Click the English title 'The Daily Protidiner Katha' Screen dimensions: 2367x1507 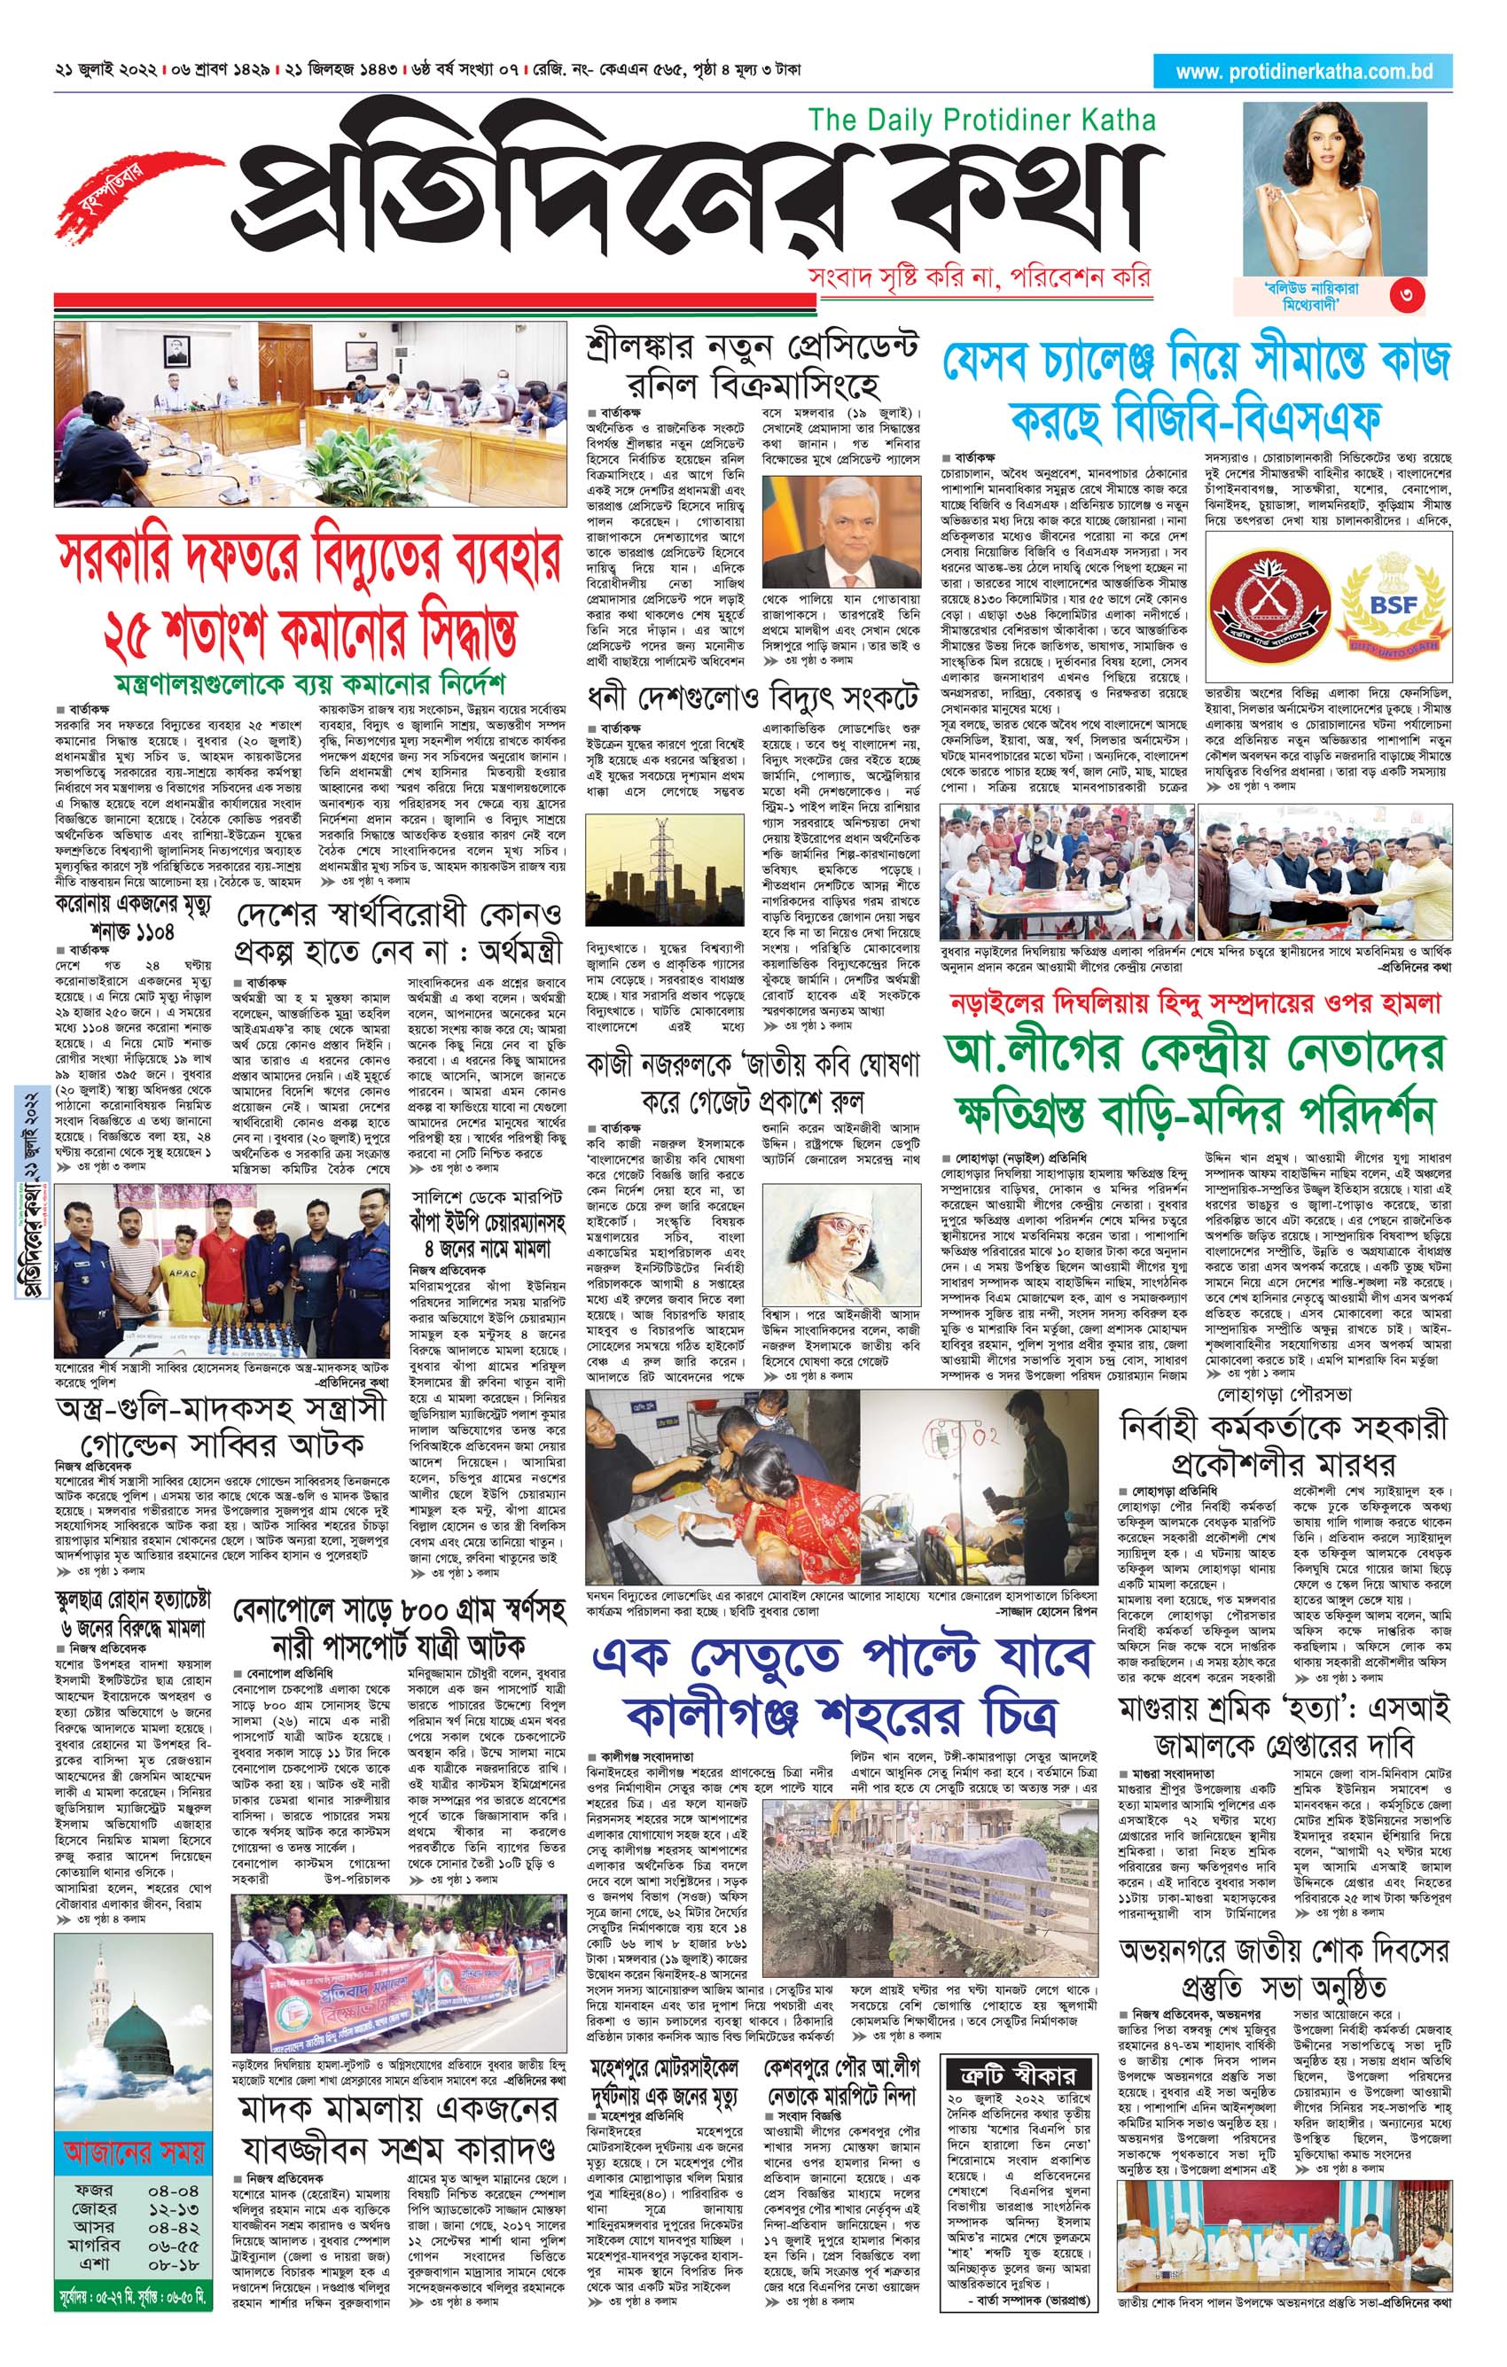[982, 121]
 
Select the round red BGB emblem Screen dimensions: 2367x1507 [1269, 602]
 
